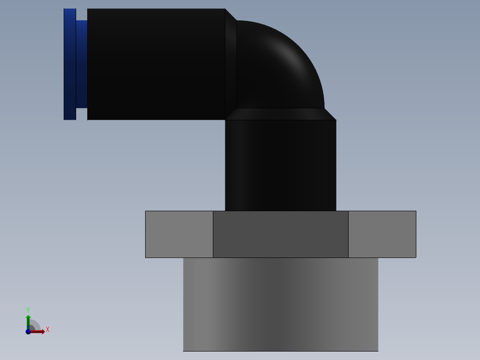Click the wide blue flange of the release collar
tap(69, 64)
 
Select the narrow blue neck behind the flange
tap(81, 64)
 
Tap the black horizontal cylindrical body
tap(156, 64)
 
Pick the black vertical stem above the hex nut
tap(281, 165)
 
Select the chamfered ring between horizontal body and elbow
tap(231, 64)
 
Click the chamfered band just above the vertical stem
tap(281, 114)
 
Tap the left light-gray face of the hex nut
tap(179, 234)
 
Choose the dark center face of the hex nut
tap(281, 234)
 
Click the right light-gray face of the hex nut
tap(382, 234)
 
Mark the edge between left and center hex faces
tap(213, 234)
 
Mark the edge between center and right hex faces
tap(348, 234)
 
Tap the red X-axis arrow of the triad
tap(38, 331)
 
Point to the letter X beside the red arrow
tap(48, 330)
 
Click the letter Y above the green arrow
tap(28, 310)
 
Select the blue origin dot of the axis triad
tap(28, 331)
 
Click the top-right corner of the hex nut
tap(415, 211)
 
